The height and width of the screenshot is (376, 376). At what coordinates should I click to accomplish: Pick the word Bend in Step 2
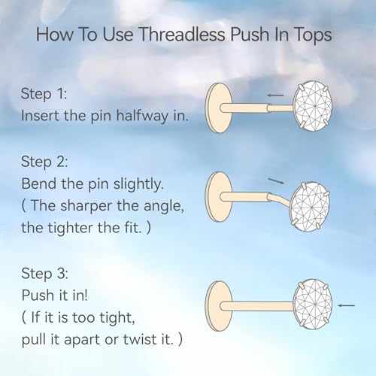tap(41, 185)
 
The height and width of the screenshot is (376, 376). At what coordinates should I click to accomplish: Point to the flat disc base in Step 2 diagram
tap(216, 196)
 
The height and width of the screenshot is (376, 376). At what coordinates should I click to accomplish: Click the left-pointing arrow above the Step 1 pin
tap(276, 96)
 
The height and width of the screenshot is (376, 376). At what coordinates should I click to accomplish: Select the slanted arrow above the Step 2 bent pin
tap(277, 181)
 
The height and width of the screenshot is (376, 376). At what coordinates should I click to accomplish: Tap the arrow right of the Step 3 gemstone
tap(347, 305)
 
